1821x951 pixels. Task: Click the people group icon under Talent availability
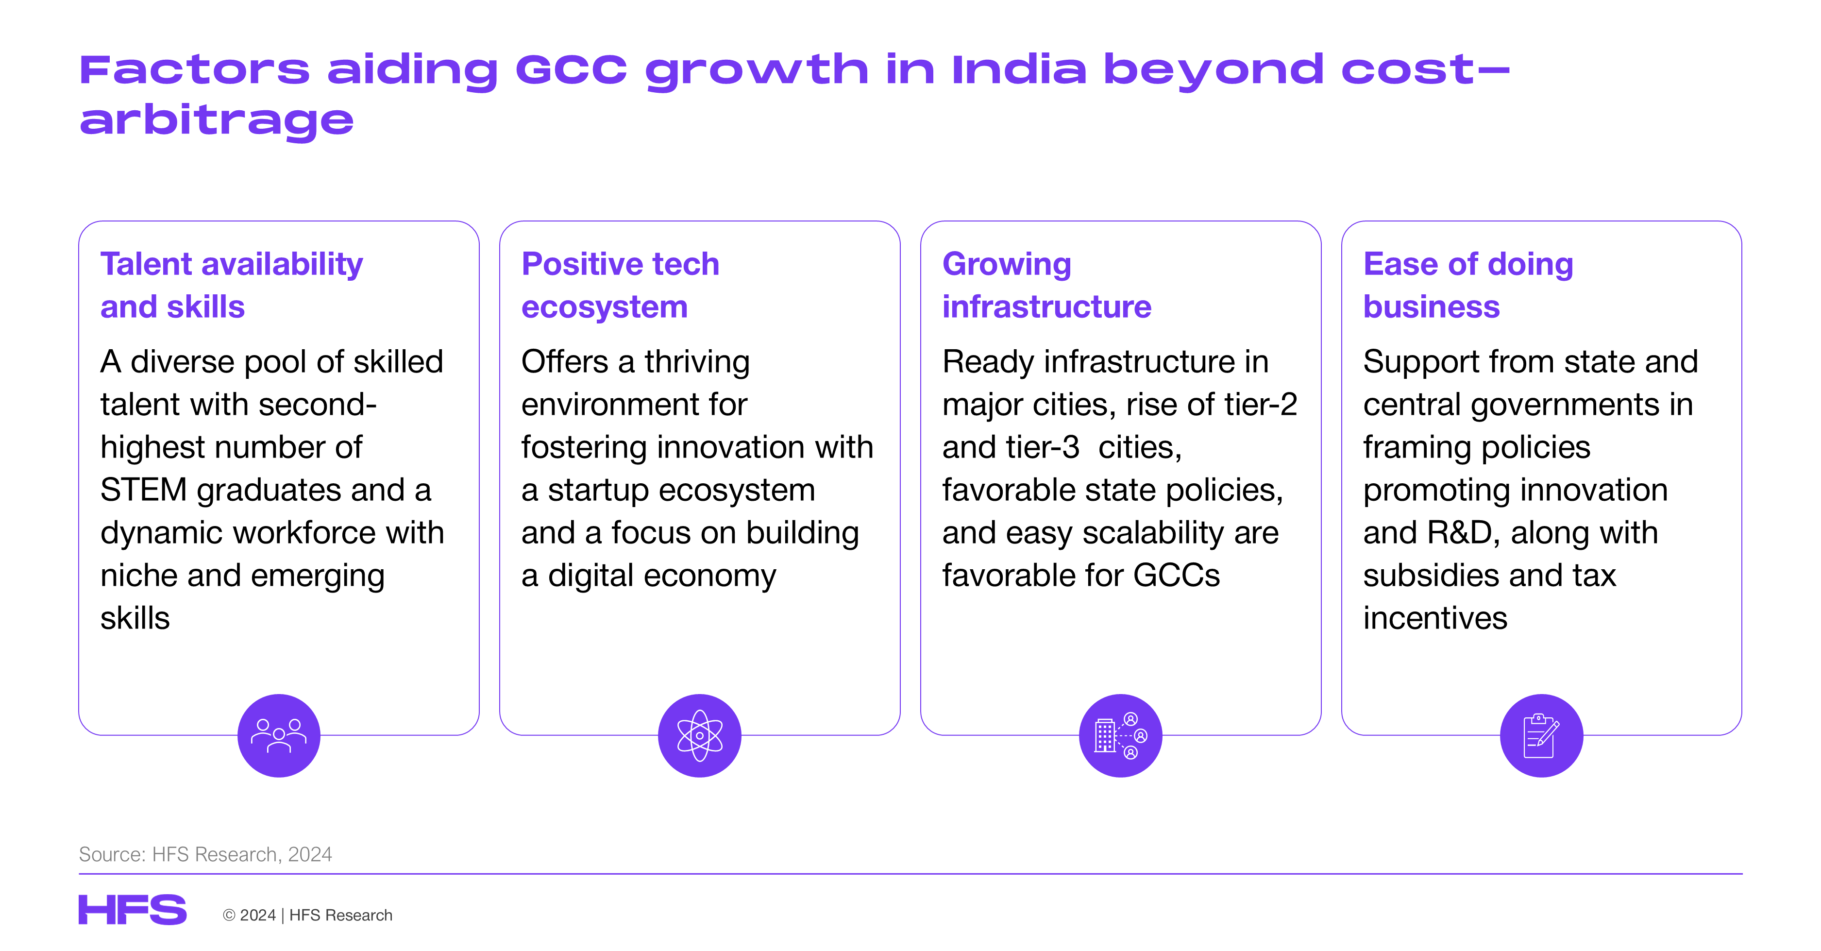pyautogui.click(x=279, y=735)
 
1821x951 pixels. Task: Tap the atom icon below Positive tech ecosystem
pyautogui.click(x=699, y=735)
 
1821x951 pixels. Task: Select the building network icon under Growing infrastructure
pyautogui.click(x=1120, y=735)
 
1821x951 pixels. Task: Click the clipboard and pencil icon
pyautogui.click(x=1541, y=735)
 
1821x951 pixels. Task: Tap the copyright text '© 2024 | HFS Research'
pyautogui.click(x=307, y=915)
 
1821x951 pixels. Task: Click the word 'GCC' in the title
pyautogui.click(x=571, y=69)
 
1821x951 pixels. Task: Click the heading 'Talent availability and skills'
pyautogui.click(x=231, y=285)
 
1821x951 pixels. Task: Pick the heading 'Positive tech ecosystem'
pyautogui.click(x=620, y=285)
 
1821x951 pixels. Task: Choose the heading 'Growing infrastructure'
pyautogui.click(x=1046, y=285)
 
